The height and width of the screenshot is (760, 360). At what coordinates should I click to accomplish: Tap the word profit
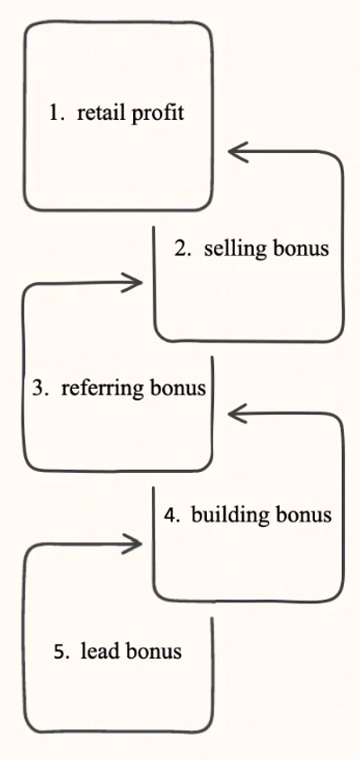158,113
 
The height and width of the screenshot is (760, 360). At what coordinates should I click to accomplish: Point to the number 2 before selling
181,249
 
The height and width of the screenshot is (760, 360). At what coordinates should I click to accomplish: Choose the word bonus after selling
301,249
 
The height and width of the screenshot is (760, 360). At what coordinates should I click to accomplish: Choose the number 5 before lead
60,652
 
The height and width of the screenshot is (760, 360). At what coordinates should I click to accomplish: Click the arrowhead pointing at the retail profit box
238,151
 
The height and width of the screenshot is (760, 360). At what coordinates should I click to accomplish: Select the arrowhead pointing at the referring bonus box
238,414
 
